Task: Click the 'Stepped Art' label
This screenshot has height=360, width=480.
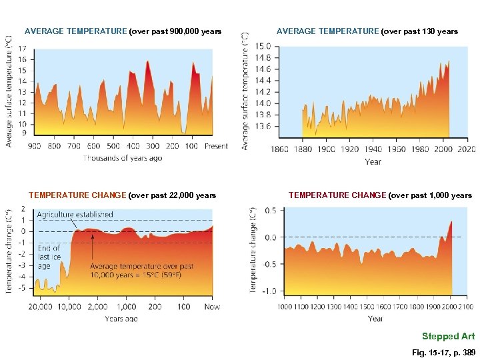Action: point(448,336)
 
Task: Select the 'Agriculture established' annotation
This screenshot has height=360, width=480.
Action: point(75,215)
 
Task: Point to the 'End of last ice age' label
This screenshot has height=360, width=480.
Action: point(49,257)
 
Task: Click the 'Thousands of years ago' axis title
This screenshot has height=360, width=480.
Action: point(123,158)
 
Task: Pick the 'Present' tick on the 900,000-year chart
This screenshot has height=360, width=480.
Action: point(216,146)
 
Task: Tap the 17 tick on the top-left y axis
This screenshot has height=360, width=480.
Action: point(23,49)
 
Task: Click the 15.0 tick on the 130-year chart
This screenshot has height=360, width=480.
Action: point(263,47)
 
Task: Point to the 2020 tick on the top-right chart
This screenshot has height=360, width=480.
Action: point(467,149)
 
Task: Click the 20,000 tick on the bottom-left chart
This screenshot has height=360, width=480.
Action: point(40,307)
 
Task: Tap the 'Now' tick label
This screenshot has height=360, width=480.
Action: point(212,307)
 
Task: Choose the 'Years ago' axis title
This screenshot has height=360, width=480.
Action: point(122,319)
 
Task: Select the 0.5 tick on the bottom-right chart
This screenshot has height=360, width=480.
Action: point(270,211)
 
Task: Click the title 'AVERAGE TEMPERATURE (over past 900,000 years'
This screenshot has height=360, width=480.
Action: point(123,31)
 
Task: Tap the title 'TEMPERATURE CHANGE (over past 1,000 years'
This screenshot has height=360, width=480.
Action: point(380,195)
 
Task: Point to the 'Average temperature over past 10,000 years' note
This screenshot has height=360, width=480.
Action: point(141,270)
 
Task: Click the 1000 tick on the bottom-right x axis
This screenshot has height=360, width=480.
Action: point(285,307)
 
